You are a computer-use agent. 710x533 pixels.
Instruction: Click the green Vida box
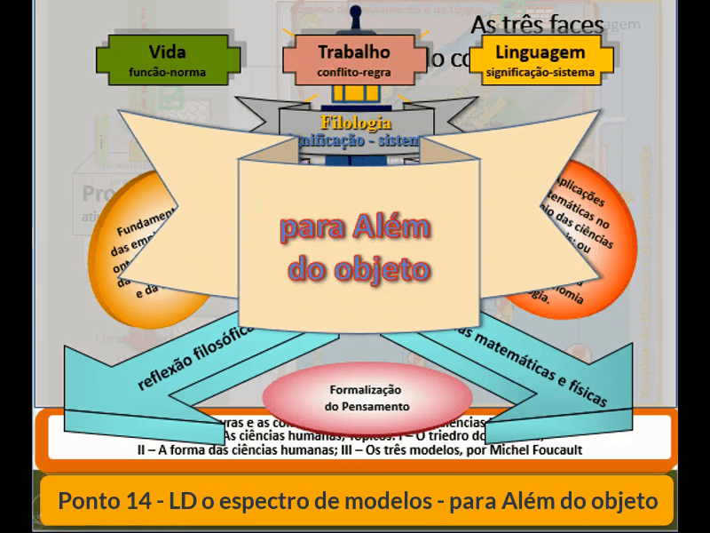pyautogui.click(x=168, y=59)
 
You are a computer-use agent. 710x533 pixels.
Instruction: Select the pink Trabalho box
pyautogui.click(x=353, y=59)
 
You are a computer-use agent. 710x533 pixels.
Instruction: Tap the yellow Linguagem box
pyautogui.click(x=540, y=59)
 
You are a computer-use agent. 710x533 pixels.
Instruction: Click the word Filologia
pyautogui.click(x=355, y=123)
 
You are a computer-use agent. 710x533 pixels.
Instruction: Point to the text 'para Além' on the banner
pyautogui.click(x=355, y=228)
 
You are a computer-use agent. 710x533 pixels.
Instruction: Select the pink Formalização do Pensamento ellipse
pyautogui.click(x=366, y=397)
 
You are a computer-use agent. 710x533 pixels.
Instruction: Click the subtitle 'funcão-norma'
pyautogui.click(x=168, y=73)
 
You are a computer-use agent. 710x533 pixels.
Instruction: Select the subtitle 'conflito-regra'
pyautogui.click(x=353, y=73)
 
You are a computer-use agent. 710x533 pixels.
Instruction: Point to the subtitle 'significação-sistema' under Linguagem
pyautogui.click(x=540, y=73)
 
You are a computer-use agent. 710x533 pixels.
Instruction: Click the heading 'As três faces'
pyautogui.click(x=537, y=24)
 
